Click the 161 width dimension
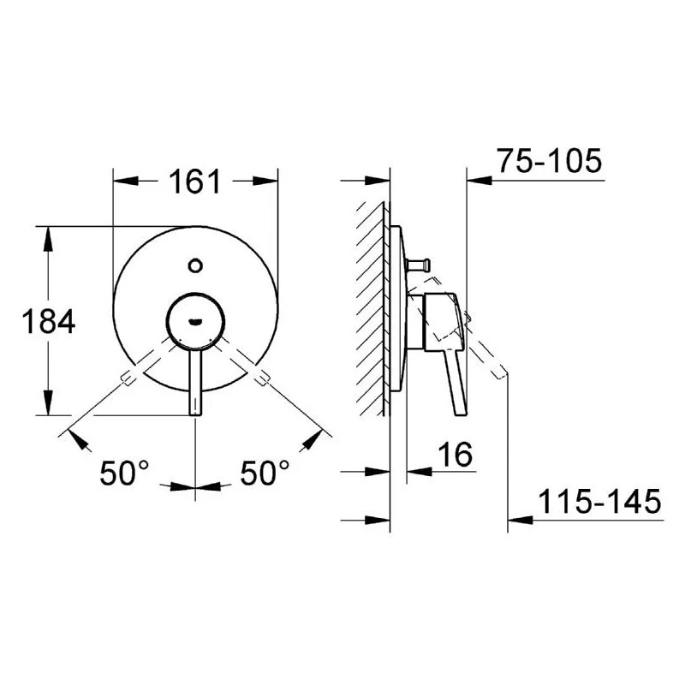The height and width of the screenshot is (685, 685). click(196, 182)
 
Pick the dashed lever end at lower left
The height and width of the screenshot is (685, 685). click(129, 377)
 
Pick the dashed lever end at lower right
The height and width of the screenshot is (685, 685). click(263, 377)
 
